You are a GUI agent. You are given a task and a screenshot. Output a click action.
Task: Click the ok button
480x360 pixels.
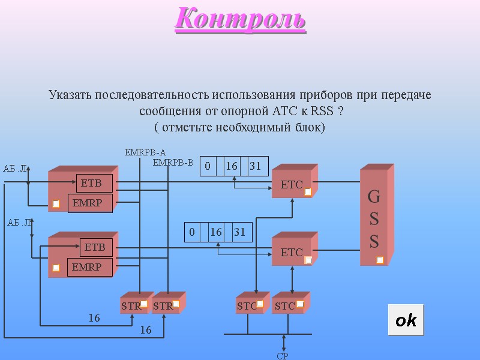click(x=406, y=320)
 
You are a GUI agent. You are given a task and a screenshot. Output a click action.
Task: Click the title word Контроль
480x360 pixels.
click(x=241, y=19)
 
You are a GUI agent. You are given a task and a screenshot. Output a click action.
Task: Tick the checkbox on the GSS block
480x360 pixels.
click(x=380, y=260)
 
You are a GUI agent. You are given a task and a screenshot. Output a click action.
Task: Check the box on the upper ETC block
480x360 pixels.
click(x=308, y=192)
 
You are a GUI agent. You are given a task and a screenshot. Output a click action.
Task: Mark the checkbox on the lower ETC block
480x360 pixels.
click(x=308, y=260)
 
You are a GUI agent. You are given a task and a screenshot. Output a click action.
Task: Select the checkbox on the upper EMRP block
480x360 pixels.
click(x=56, y=204)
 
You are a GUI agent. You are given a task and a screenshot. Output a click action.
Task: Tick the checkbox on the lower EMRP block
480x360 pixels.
click(x=56, y=268)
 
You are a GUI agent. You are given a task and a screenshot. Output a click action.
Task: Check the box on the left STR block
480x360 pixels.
click(x=144, y=304)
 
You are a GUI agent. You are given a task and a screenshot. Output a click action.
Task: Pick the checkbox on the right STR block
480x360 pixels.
click(x=176, y=304)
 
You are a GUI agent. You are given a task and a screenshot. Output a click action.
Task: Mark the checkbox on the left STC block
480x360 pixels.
click(x=260, y=304)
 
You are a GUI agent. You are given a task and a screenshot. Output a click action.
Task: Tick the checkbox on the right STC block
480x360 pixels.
click(x=300, y=304)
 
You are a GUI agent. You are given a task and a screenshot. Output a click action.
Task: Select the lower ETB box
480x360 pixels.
click(x=95, y=247)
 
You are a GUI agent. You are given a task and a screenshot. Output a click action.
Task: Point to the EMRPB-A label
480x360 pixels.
click(x=145, y=152)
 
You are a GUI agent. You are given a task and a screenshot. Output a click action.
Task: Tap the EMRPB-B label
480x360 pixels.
click(x=173, y=163)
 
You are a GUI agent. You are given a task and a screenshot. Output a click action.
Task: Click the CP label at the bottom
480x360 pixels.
click(x=283, y=356)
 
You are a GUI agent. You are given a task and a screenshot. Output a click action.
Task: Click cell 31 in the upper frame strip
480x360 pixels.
click(x=256, y=166)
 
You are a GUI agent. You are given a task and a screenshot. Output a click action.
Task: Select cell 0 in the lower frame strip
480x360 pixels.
click(x=192, y=232)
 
